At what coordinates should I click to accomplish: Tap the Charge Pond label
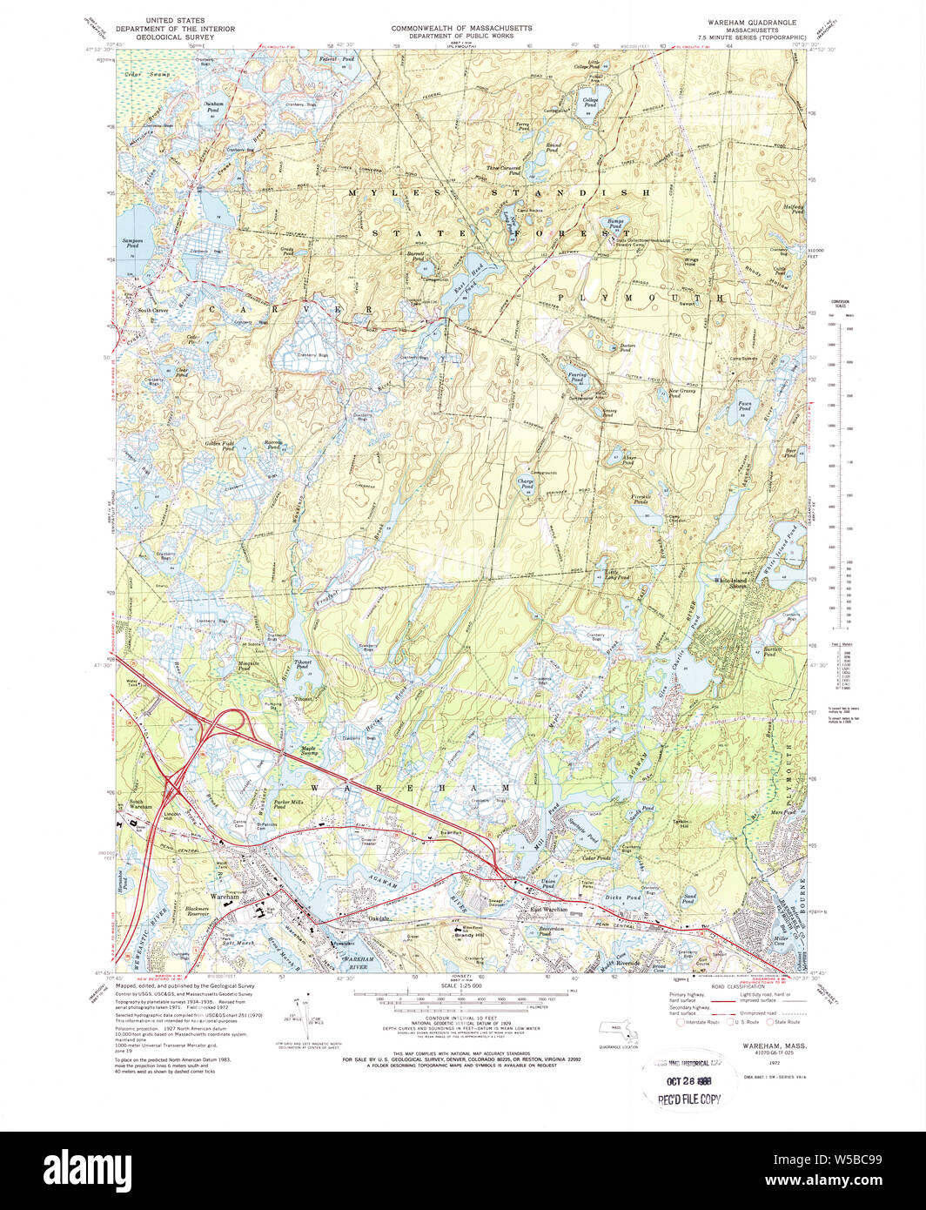(x=526, y=484)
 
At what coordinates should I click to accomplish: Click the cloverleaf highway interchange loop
(x=230, y=723)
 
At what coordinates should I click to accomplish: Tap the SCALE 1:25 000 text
(x=462, y=986)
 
